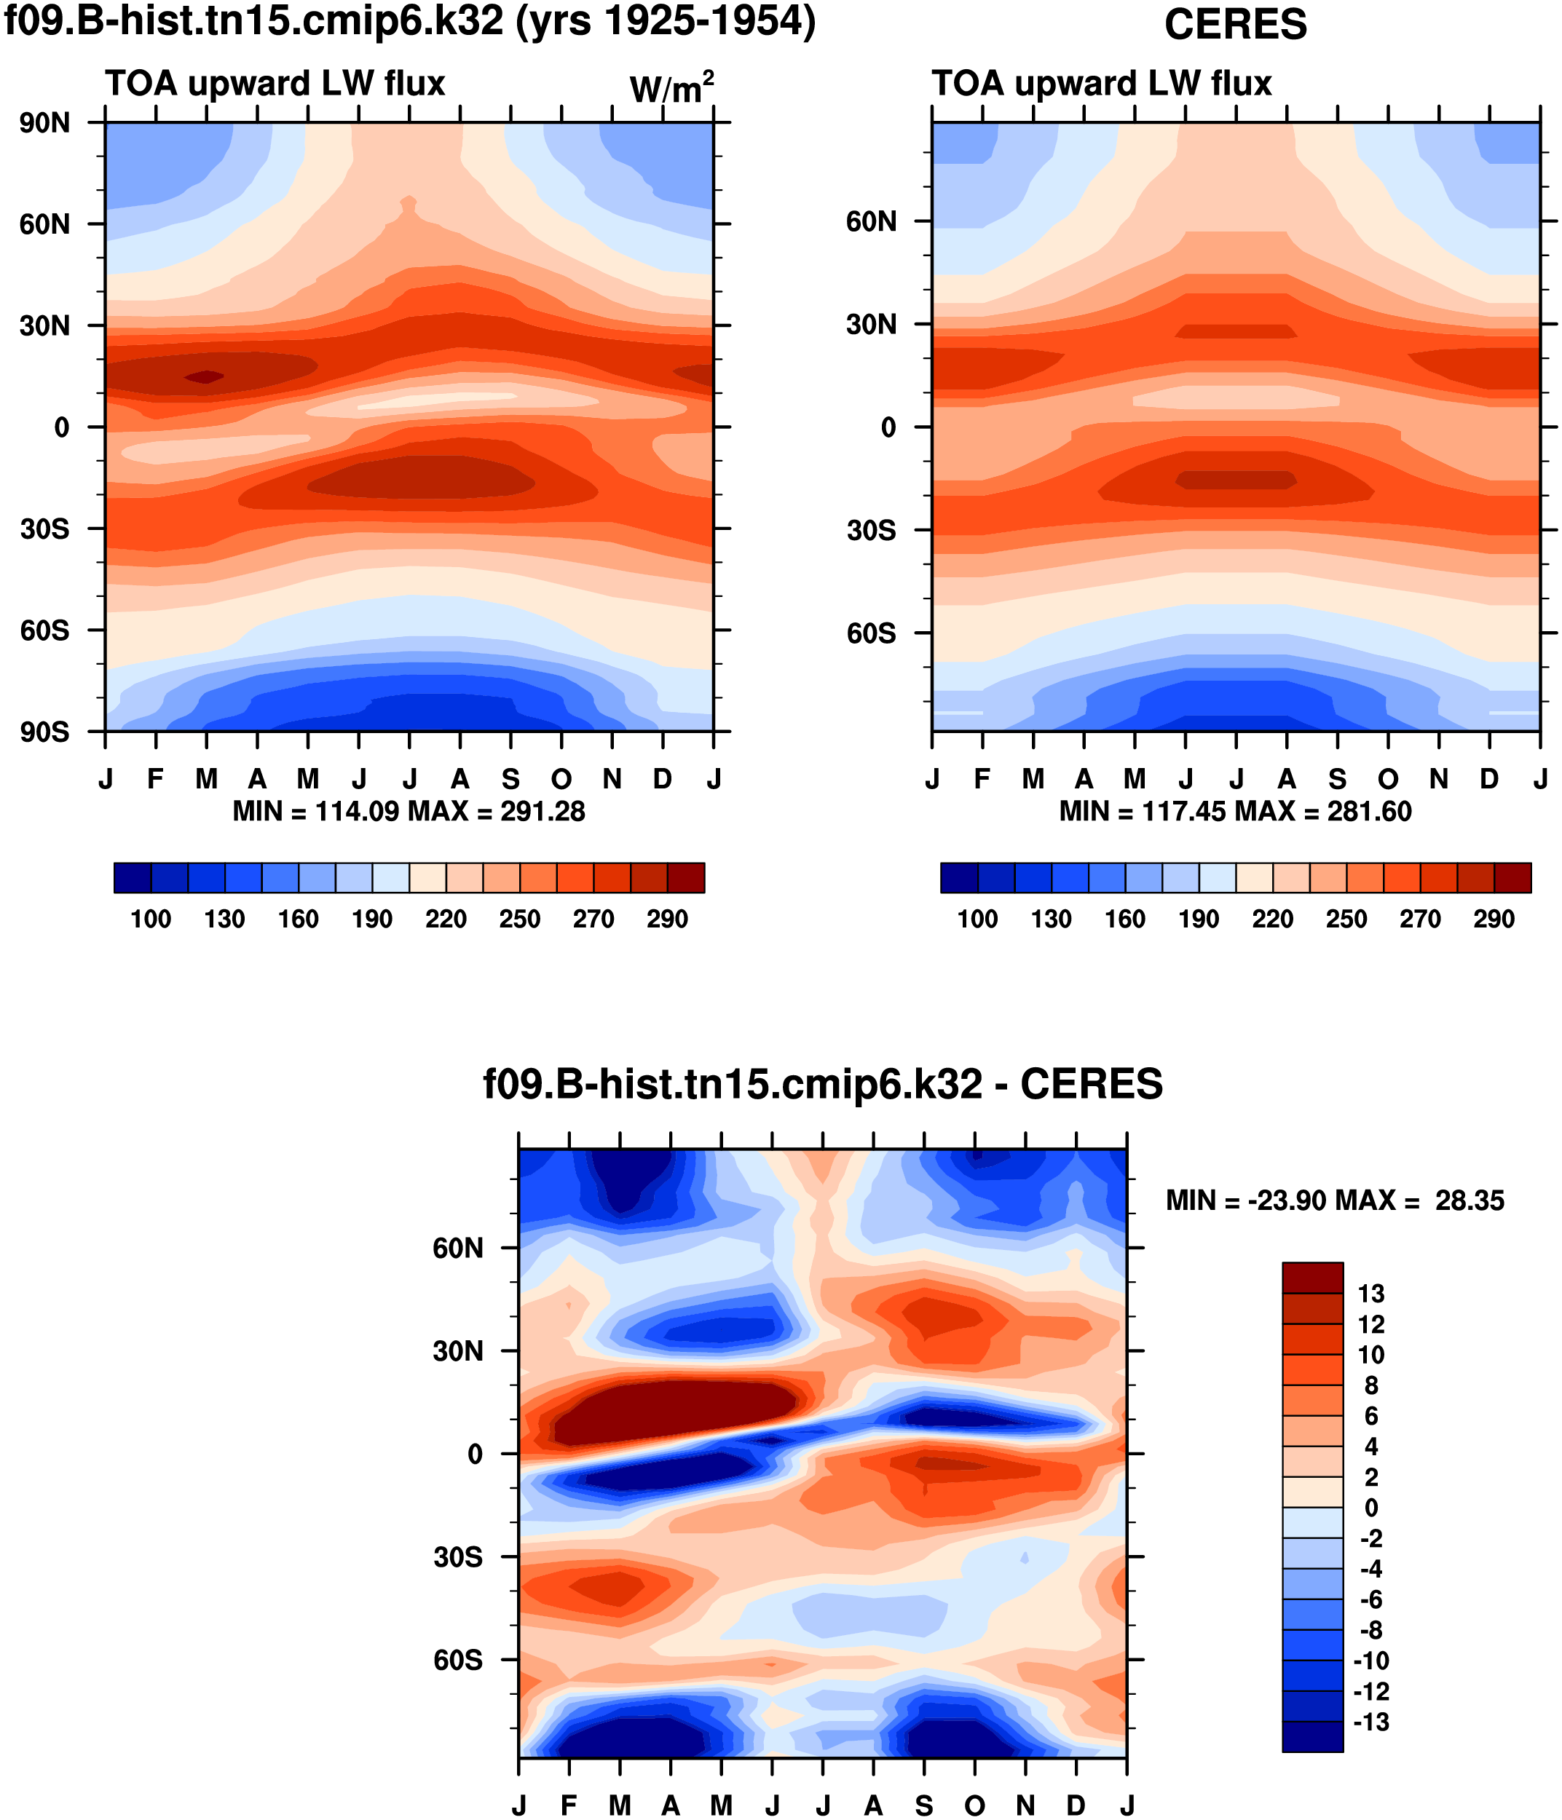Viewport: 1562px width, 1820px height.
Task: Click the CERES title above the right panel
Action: [1234, 25]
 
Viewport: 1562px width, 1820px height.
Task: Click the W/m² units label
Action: [671, 89]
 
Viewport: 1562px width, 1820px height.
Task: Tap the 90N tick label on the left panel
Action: [45, 123]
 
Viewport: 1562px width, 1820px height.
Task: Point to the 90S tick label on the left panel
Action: [45, 732]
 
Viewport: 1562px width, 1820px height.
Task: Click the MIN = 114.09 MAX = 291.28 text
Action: [409, 812]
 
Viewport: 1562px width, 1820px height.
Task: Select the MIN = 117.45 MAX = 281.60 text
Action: [1234, 812]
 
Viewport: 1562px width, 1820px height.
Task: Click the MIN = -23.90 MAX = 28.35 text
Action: [1335, 1200]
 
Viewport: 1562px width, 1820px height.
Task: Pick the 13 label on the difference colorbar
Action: [1370, 1294]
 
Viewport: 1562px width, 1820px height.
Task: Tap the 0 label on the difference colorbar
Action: [1370, 1508]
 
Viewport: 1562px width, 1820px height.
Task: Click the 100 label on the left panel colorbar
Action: [151, 919]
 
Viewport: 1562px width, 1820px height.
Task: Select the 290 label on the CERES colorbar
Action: [1494, 919]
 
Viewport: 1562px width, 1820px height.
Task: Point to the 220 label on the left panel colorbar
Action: [446, 919]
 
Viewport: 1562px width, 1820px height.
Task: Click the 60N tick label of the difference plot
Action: [458, 1249]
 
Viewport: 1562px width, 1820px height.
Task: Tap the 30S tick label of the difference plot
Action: [458, 1557]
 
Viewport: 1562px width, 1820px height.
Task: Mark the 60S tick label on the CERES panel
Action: [871, 633]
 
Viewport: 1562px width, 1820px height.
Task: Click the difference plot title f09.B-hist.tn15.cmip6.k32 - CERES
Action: [822, 1085]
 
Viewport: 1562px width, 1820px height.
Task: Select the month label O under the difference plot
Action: [974, 1806]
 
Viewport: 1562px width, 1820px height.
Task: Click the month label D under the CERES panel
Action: [1489, 779]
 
